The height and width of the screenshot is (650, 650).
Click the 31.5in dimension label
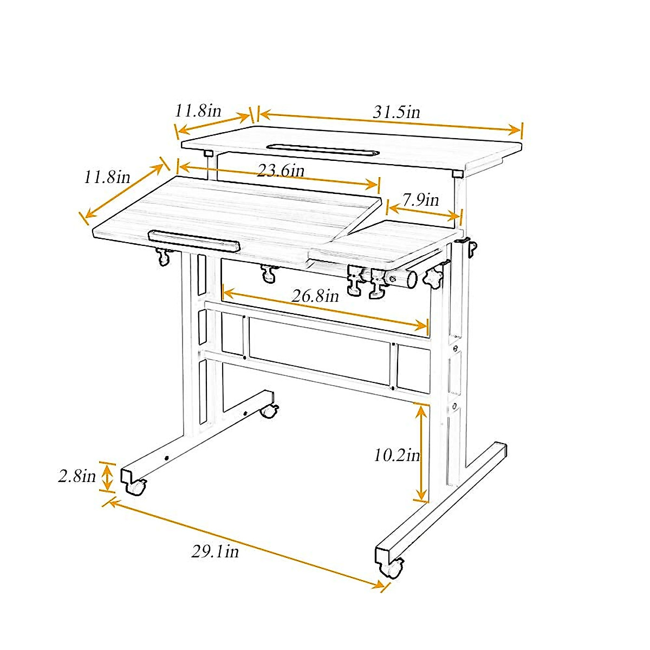pyautogui.click(x=396, y=112)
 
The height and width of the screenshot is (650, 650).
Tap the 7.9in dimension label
pyautogui.click(x=421, y=200)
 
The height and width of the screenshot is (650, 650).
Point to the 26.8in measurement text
pyautogui.click(x=315, y=296)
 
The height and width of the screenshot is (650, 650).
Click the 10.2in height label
pyautogui.click(x=396, y=455)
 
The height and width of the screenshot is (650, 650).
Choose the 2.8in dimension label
pyautogui.click(x=77, y=477)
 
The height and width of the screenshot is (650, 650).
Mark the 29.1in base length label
pyautogui.click(x=215, y=552)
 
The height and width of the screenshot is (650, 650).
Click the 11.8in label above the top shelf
pyautogui.click(x=198, y=111)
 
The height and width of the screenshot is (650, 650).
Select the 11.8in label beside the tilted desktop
pyautogui.click(x=107, y=177)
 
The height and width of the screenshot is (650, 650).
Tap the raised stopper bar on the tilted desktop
pyautogui.click(x=193, y=240)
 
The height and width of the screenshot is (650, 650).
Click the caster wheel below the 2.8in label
pyautogui.click(x=135, y=487)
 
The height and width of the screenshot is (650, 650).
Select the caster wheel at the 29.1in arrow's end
pyautogui.click(x=393, y=568)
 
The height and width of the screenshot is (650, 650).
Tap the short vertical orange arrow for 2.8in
pyautogui.click(x=108, y=477)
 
